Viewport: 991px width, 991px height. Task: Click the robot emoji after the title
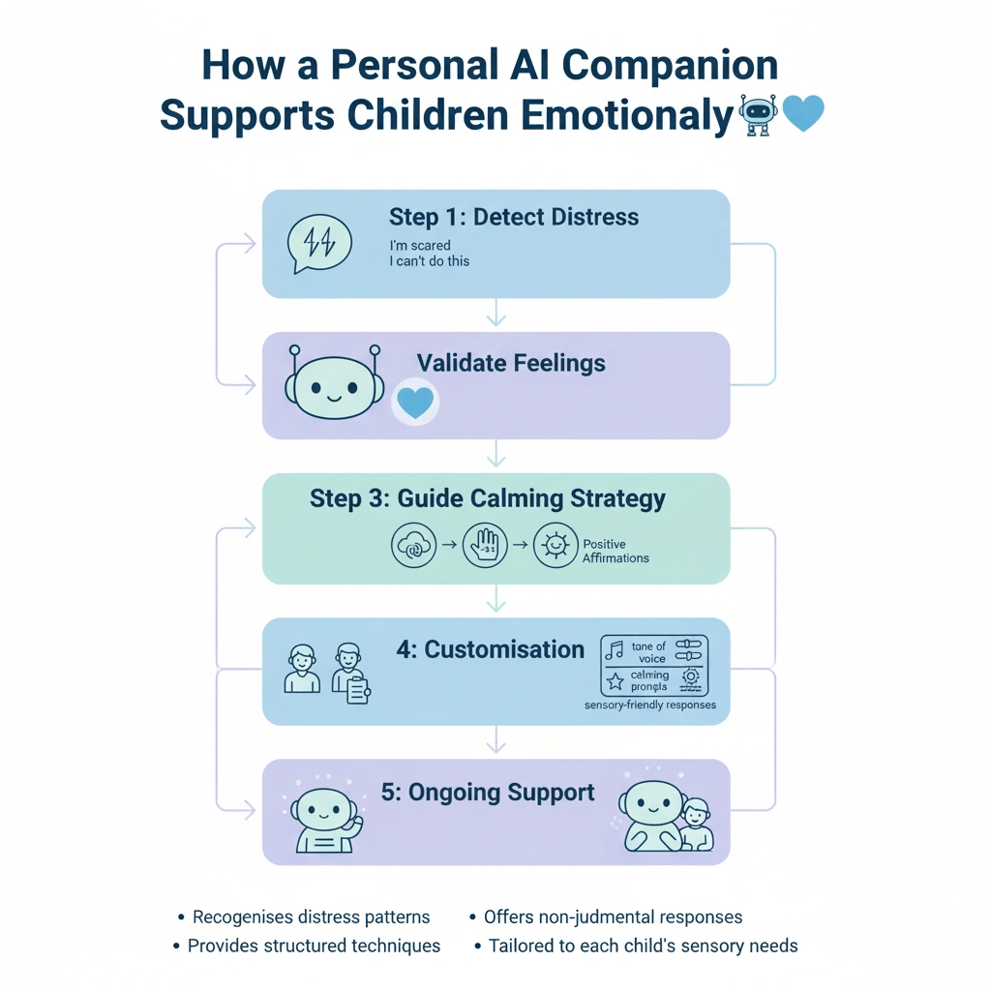tap(758, 115)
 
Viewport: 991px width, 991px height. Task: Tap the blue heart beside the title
tap(802, 114)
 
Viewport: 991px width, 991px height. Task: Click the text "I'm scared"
tap(420, 246)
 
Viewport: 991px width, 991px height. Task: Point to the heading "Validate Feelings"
tap(511, 364)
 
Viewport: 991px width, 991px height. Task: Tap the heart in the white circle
tap(415, 402)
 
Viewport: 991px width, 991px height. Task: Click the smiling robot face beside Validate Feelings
tap(332, 385)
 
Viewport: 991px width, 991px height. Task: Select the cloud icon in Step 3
tap(413, 545)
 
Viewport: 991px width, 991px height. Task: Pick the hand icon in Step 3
tap(486, 545)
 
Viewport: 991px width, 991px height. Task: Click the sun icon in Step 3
tap(556, 545)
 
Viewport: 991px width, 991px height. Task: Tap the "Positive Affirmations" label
tap(616, 551)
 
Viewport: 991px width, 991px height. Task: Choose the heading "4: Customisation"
tap(490, 649)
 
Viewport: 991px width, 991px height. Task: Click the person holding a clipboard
tap(349, 673)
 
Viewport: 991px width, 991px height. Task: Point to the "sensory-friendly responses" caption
tap(650, 706)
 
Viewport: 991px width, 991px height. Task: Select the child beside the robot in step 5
tap(694, 825)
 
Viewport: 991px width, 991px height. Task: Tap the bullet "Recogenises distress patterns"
tap(311, 917)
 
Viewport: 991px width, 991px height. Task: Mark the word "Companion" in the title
tap(670, 66)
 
